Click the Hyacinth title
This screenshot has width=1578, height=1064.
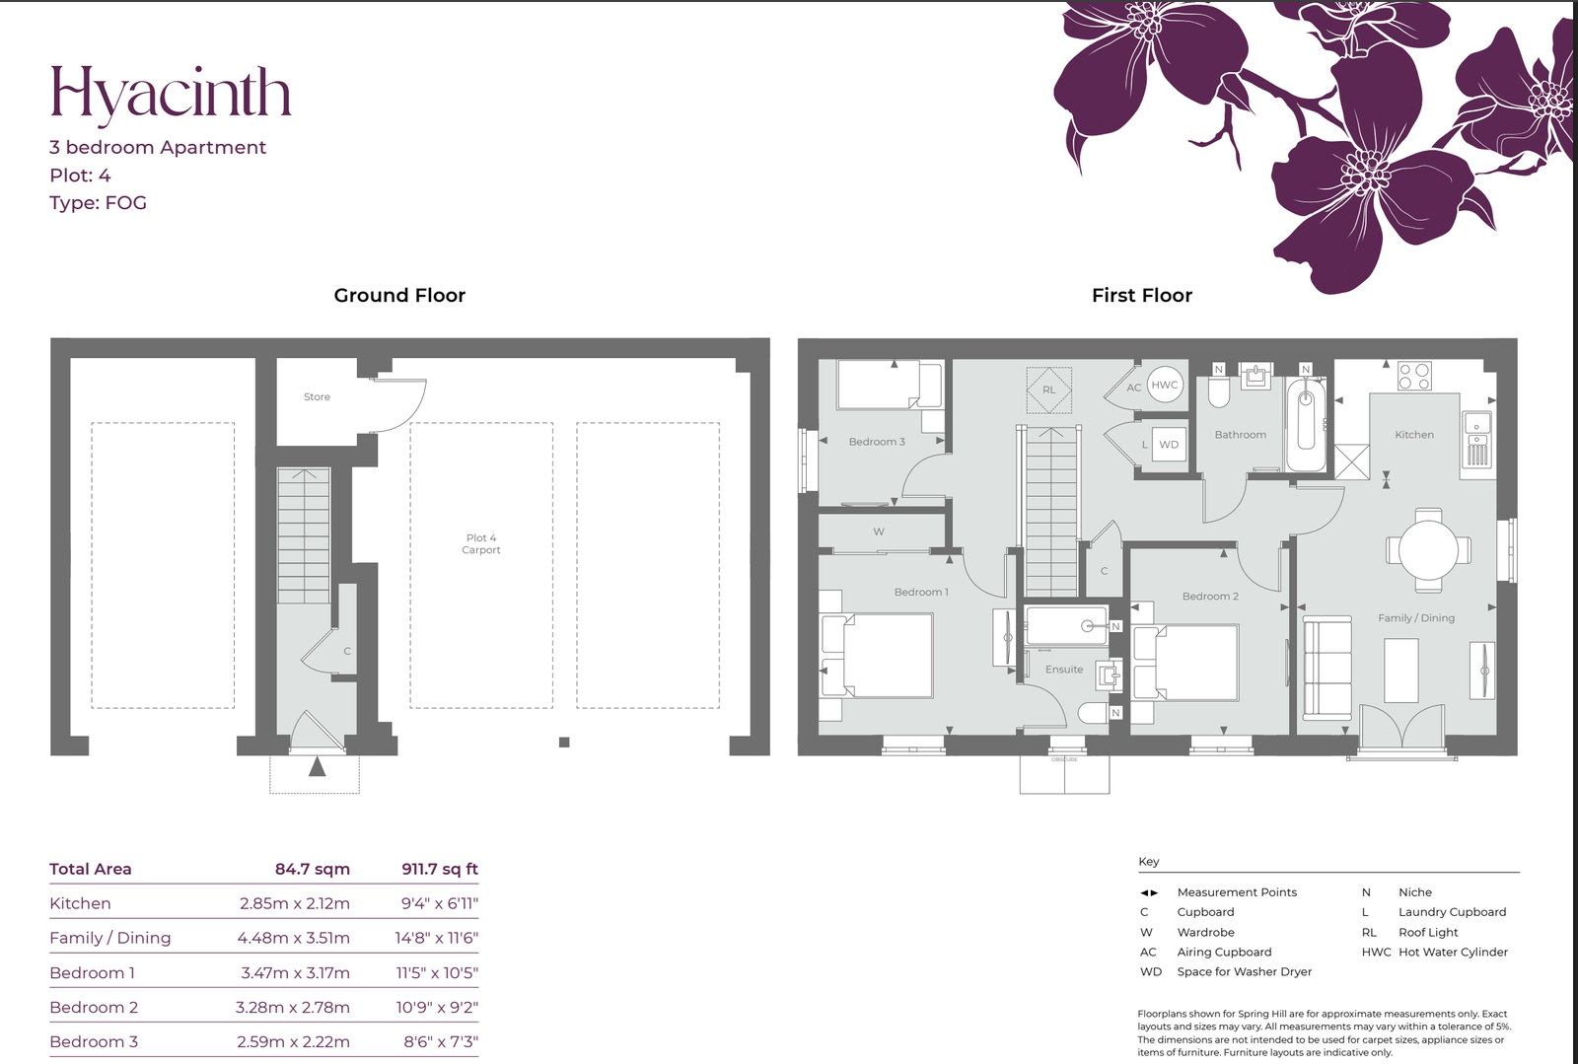pyautogui.click(x=171, y=95)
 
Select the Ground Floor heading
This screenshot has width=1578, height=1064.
pyautogui.click(x=399, y=295)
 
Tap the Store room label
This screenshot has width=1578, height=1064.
pyautogui.click(x=317, y=397)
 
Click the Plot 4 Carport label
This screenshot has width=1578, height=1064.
pyautogui.click(x=481, y=543)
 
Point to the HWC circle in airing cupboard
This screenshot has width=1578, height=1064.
pyautogui.click(x=1165, y=385)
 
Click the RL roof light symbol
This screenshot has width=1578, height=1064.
pyautogui.click(x=1049, y=390)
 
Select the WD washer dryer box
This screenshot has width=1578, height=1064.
pyautogui.click(x=1169, y=445)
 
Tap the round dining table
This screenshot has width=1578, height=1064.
pyautogui.click(x=1429, y=550)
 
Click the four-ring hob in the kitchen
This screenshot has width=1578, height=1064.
pyautogui.click(x=1414, y=376)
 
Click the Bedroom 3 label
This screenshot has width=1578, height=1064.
pyautogui.click(x=877, y=442)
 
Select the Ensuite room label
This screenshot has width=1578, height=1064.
pyautogui.click(x=1064, y=669)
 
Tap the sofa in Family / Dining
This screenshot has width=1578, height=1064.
pyautogui.click(x=1327, y=668)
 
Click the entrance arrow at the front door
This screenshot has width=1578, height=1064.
pyautogui.click(x=317, y=766)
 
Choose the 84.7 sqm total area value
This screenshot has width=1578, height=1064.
pyautogui.click(x=312, y=869)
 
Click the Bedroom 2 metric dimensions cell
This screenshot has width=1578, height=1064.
pyautogui.click(x=292, y=1008)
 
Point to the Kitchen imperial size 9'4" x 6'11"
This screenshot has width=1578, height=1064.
pyautogui.click(x=440, y=903)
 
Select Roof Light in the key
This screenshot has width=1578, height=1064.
pyautogui.click(x=1428, y=932)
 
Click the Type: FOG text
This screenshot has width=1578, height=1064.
pyautogui.click(x=98, y=203)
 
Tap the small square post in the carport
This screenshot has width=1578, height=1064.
pyautogui.click(x=564, y=743)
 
